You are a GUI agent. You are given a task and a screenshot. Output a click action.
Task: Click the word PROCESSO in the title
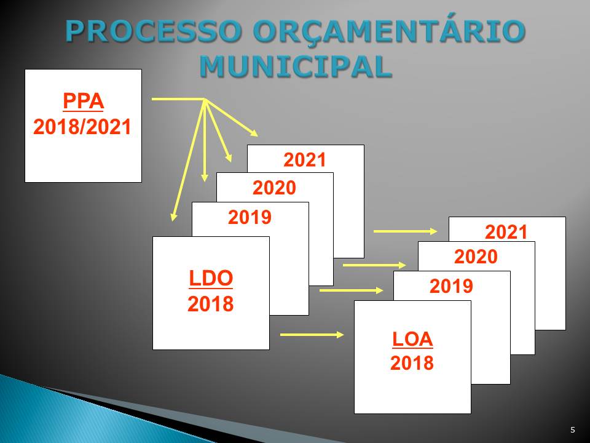click(x=153, y=31)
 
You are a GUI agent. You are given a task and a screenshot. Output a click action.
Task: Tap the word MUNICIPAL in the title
click(x=296, y=66)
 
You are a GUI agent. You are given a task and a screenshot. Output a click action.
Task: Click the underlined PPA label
click(x=83, y=102)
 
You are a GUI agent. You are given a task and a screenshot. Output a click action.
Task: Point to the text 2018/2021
click(x=82, y=127)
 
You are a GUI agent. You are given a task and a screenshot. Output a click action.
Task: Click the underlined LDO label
click(x=211, y=278)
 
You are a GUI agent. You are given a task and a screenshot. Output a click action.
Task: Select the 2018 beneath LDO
click(x=211, y=303)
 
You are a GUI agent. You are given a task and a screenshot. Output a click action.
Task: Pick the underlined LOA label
click(x=412, y=339)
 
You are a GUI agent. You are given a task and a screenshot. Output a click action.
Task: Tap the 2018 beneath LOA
click(x=412, y=363)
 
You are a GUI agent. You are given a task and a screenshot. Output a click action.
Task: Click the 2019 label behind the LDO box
click(x=250, y=217)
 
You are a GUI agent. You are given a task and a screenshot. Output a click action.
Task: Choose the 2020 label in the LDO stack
click(x=274, y=188)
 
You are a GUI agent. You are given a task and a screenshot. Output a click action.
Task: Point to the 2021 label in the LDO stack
click(x=305, y=160)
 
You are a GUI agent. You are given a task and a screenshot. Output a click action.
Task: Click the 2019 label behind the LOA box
click(x=451, y=286)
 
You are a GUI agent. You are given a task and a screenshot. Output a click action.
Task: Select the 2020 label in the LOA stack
click(x=476, y=257)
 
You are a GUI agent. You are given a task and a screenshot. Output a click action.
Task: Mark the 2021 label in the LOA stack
click(x=506, y=232)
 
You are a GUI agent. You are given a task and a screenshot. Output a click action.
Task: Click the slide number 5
click(x=573, y=430)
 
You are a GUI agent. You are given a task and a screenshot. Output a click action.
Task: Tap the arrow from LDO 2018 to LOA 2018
click(x=312, y=335)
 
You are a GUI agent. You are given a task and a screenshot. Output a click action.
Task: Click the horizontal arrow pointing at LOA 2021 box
click(x=405, y=231)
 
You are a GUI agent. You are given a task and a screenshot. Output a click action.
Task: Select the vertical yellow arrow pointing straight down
click(x=204, y=140)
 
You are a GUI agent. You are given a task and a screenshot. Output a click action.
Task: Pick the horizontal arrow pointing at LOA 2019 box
click(x=351, y=290)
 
